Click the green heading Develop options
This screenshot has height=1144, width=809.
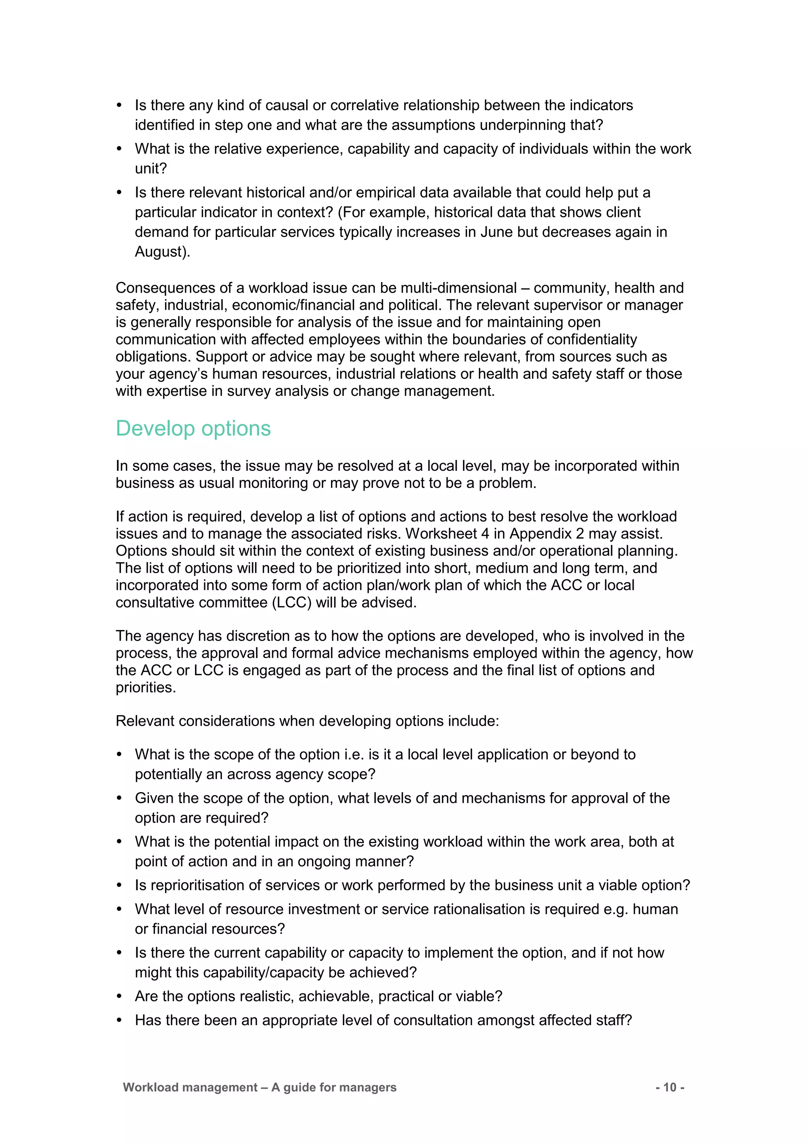point(193,429)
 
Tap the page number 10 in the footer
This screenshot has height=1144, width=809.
point(670,1087)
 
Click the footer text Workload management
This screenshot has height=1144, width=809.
point(190,1087)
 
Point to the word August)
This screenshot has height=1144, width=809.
point(162,252)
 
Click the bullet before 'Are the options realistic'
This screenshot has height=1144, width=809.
point(119,997)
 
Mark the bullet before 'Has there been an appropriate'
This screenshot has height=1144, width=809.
point(119,1020)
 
